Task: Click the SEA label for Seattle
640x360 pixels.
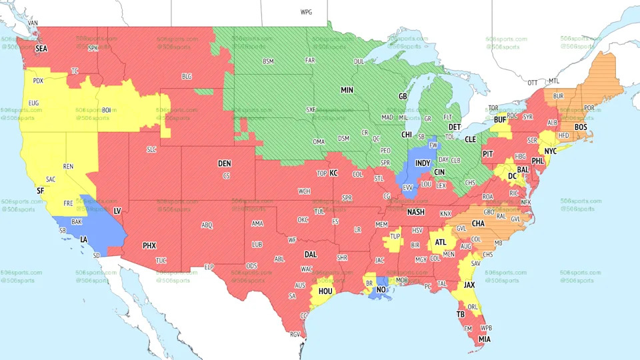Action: coord(41,49)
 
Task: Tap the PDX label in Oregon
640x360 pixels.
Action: coord(38,81)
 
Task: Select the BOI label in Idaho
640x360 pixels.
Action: coord(106,110)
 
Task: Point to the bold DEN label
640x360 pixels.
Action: coord(225,163)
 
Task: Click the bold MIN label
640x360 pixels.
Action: coord(347,90)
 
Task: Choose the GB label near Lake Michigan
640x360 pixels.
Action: coord(403,97)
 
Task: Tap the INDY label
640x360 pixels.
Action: coord(423,163)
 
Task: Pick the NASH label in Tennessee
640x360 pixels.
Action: coord(416,212)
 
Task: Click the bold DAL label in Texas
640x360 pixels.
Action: coord(311,254)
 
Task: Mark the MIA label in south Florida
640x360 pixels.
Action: coord(485,339)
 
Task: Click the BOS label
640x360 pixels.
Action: coord(581,127)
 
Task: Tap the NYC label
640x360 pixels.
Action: coord(551,152)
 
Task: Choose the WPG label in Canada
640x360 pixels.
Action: coord(306,13)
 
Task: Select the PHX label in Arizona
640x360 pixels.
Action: coord(149,245)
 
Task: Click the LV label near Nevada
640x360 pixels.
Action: coord(117,211)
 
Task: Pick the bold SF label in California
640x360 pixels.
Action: coord(40,191)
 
